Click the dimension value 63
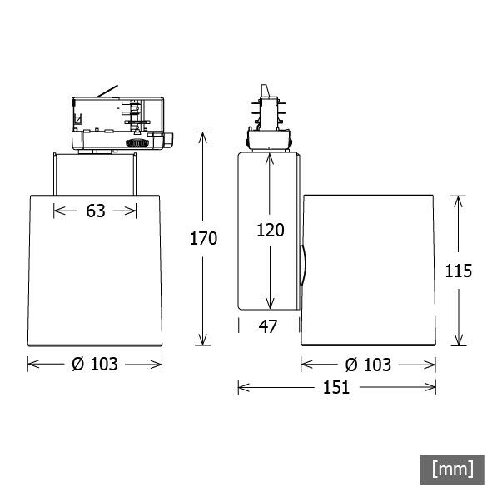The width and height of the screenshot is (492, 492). pos(96,211)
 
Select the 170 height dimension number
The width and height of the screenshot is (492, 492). pos(203,239)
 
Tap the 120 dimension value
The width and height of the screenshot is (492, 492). pos(270,231)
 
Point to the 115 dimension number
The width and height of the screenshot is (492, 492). pos(458,271)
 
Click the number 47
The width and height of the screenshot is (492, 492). pos(267,326)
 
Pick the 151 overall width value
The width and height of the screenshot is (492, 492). pos(337,387)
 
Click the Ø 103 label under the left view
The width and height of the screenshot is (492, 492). pos(95,364)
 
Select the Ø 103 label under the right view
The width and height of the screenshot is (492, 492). pos(368,364)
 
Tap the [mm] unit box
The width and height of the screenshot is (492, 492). pos(452,468)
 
